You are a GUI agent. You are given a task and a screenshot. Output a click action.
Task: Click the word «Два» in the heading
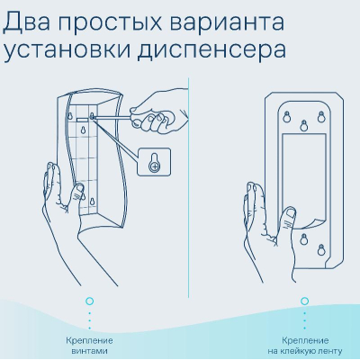click(26, 22)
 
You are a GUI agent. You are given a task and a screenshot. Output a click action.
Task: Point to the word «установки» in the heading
click(67, 51)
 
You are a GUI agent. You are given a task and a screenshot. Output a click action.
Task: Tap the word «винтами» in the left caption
click(90, 351)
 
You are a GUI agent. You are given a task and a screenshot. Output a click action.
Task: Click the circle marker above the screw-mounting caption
click(89, 301)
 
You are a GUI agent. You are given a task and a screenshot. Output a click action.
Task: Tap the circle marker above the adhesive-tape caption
click(304, 301)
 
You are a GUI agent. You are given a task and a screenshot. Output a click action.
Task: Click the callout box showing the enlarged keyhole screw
click(154, 162)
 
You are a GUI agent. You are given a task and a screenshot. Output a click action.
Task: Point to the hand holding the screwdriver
click(160, 112)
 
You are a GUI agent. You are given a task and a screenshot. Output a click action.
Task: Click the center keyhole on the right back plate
click(304, 125)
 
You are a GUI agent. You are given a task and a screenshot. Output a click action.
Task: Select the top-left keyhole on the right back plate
click(287, 117)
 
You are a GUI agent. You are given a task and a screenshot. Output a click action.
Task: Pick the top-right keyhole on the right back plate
click(321, 117)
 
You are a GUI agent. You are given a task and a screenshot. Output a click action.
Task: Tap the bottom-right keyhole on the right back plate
click(321, 250)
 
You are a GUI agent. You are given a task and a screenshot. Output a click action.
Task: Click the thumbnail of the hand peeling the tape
click(290, 213)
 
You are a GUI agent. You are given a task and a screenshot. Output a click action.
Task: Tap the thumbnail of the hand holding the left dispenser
click(78, 190)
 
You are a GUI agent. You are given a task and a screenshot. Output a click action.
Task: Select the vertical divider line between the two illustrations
click(189, 187)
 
